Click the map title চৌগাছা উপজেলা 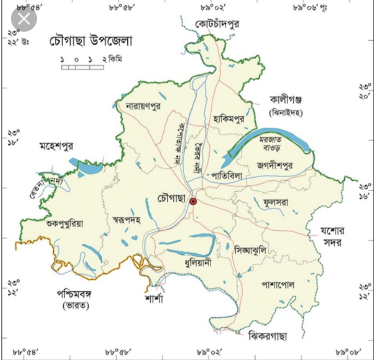pos(91,41)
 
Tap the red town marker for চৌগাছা pos(193,202)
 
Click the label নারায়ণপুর pos(143,106)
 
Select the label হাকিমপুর pos(229,118)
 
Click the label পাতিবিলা pos(224,176)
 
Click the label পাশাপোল pos(278,284)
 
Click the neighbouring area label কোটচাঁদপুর pos(216,24)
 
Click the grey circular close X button pos(24,19)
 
